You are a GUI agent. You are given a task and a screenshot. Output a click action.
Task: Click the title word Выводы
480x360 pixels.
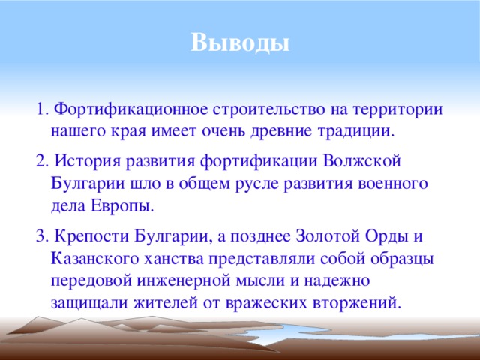point(239,42)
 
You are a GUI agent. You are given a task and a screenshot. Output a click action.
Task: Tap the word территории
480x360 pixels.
point(399,109)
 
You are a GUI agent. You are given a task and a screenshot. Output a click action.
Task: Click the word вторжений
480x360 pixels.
point(357,303)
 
